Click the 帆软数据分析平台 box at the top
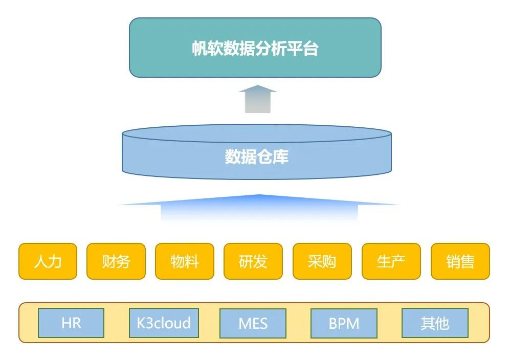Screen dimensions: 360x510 click(255, 48)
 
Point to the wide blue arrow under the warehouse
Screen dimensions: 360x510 click(259, 207)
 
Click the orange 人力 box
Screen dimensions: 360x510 click(48, 261)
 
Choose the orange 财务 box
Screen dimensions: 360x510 click(116, 261)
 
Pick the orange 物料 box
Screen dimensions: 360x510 click(185, 261)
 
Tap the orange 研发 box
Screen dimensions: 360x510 click(253, 261)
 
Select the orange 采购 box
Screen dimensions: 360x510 click(322, 261)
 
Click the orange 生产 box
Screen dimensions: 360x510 click(391, 261)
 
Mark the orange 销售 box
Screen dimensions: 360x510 click(460, 261)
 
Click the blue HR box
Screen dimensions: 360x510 click(71, 323)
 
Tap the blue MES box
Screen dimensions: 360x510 click(253, 323)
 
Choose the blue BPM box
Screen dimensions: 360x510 click(344, 323)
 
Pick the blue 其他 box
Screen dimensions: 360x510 click(435, 323)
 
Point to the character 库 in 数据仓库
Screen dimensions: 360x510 click(281, 156)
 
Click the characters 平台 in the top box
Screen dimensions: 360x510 click(303, 49)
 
